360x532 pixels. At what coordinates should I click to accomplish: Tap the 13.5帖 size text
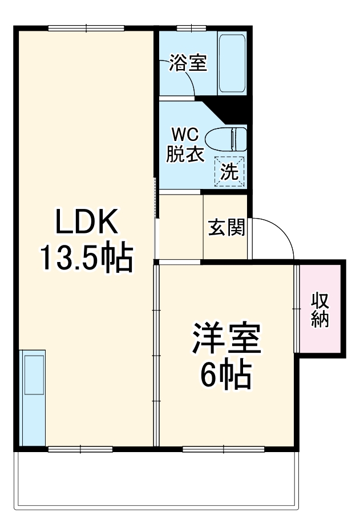pyautogui.click(x=86, y=258)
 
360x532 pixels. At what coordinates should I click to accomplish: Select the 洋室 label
pyautogui.click(x=226, y=340)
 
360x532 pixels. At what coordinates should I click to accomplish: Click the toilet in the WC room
pyautogui.click(x=226, y=139)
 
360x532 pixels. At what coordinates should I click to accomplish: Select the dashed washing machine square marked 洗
pyautogui.click(x=229, y=171)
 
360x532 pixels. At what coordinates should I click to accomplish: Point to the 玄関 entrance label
pyautogui.click(x=226, y=227)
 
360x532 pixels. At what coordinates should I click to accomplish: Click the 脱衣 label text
pyautogui.click(x=185, y=155)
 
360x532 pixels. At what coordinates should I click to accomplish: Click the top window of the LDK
pyautogui.click(x=86, y=27)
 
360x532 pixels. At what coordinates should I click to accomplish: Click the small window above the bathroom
pyautogui.click(x=191, y=27)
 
